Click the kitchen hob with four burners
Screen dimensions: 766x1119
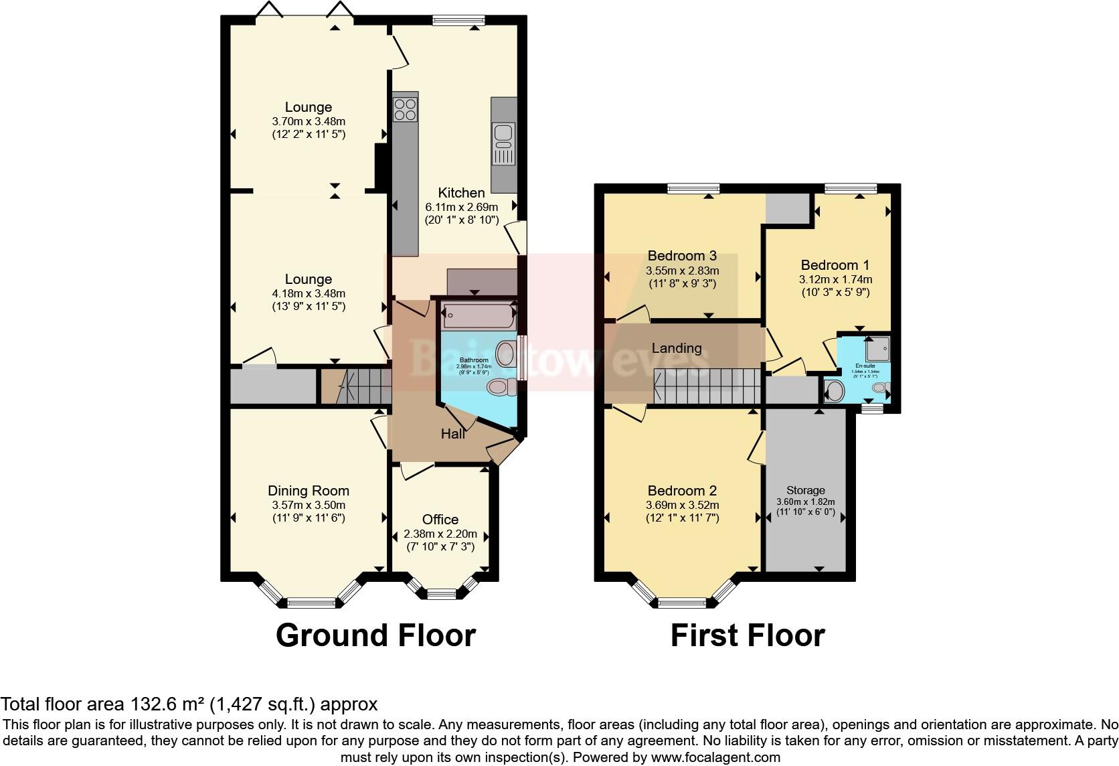[405, 108]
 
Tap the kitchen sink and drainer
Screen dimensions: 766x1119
[503, 144]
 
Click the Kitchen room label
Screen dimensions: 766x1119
[461, 193]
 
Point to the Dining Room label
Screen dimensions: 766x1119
[309, 491]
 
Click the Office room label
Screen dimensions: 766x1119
[440, 520]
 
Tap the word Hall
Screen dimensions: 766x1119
[453, 434]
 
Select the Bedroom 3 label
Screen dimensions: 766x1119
[682, 256]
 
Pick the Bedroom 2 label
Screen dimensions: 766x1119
[682, 491]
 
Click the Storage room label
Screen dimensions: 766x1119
[805, 490]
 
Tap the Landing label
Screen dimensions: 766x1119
[677, 348]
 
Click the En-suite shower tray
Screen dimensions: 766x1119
[878, 349]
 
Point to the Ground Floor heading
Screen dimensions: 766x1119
[375, 635]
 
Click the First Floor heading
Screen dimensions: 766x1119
[747, 635]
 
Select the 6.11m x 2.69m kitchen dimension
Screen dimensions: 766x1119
[461, 207]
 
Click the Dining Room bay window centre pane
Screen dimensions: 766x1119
[311, 602]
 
